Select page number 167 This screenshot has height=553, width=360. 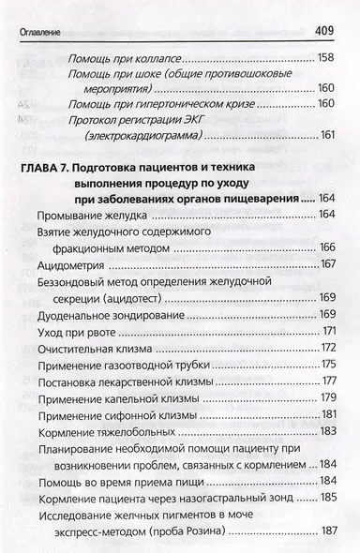328,263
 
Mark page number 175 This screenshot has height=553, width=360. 328,365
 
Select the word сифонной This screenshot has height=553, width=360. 142,415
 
